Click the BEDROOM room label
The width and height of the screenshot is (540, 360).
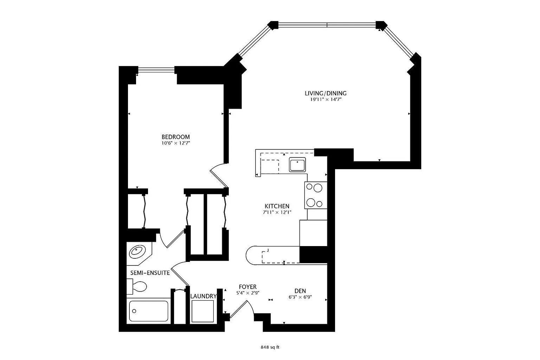coord(175,137)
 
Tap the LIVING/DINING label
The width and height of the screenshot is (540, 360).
coord(326,93)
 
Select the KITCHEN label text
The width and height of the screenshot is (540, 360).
coord(277,206)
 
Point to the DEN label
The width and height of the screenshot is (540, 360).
coord(300,291)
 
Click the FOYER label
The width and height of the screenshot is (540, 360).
coord(247,287)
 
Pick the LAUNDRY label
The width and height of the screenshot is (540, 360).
coord(204,296)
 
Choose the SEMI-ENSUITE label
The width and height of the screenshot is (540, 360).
coord(150,273)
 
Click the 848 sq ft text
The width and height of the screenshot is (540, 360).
coord(270,347)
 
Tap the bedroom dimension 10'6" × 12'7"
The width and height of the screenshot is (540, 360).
coord(176,143)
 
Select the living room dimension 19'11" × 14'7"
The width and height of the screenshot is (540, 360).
coord(326,99)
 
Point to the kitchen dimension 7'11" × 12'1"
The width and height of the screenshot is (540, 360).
coord(277,212)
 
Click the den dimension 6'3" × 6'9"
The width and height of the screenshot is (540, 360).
coord(300,297)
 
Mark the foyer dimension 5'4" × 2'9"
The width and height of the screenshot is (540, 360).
coord(248,293)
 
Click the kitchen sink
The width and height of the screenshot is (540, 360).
coord(297,165)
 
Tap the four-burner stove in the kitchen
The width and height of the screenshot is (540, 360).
coord(316,195)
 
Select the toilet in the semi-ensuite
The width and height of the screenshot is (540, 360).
coord(137,287)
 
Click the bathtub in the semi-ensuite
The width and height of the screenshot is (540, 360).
coord(148,311)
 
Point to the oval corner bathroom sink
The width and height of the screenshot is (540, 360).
coord(138,252)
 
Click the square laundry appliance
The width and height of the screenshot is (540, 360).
coord(202,311)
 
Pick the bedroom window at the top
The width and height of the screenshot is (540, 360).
coord(156,70)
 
